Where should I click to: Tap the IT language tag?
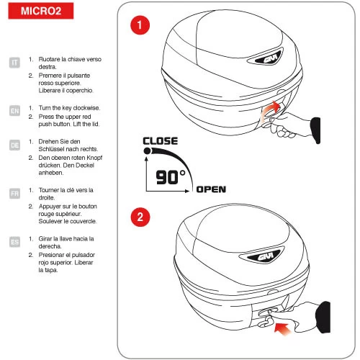click(x=14, y=63)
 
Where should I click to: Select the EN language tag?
click(x=14, y=111)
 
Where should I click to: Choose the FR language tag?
click(x=14, y=193)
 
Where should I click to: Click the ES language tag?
click(x=14, y=242)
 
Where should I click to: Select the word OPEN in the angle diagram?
click(x=211, y=189)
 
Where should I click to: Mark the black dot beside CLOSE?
click(x=148, y=150)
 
